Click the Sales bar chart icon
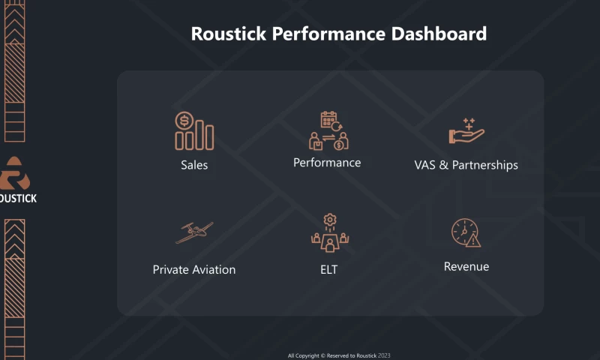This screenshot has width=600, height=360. tap(194, 132)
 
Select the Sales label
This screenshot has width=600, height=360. tap(194, 165)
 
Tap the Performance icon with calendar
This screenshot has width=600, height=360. tap(328, 130)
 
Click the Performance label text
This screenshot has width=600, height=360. tap(327, 163)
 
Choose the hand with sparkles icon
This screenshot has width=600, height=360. tap(466, 132)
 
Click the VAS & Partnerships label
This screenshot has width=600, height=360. tap(466, 165)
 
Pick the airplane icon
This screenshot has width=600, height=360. tap(194, 232)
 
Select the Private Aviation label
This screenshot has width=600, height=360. tap(194, 269)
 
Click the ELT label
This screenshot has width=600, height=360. tap(328, 269)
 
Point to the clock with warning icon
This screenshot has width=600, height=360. tap(466, 232)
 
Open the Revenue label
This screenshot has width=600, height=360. tap(466, 266)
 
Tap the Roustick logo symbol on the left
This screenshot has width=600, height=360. tap(13, 175)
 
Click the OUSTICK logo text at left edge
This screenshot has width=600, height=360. tap(19, 198)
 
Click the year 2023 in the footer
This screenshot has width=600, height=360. tap(384, 355)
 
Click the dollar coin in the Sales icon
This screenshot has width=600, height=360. tap(183, 120)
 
